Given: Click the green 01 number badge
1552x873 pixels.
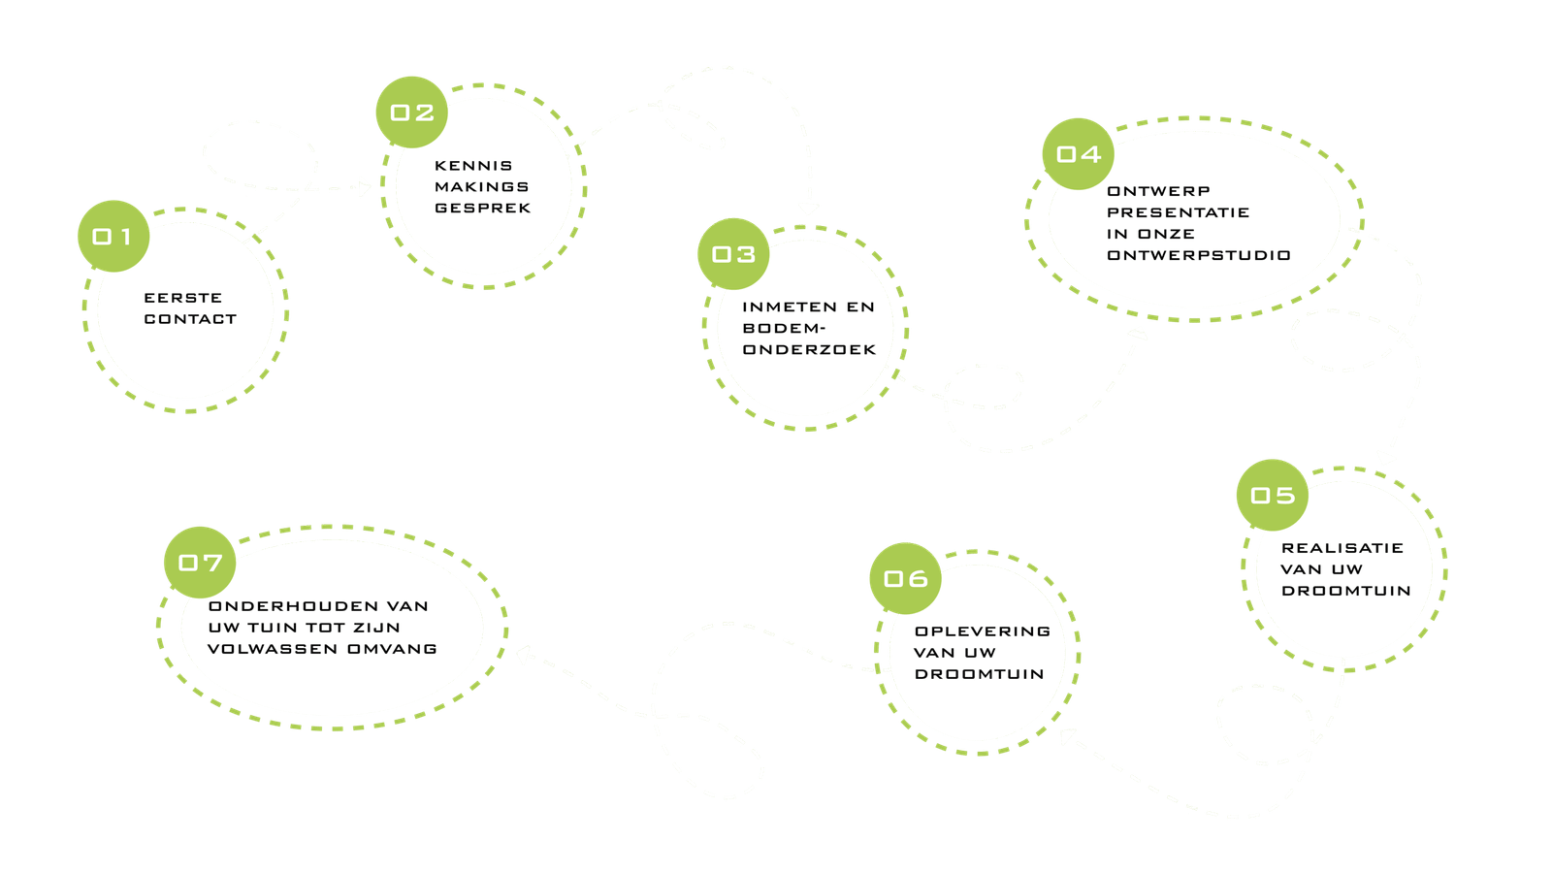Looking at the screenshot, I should [113, 236].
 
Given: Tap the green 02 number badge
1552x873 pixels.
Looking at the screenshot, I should [411, 113].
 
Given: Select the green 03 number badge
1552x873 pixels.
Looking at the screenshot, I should [733, 254].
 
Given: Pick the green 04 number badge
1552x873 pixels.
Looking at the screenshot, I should [1079, 154].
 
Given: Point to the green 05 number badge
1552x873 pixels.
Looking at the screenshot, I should [1273, 496].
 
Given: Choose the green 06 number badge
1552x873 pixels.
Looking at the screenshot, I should [905, 579].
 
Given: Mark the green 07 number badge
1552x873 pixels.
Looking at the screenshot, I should [200, 563].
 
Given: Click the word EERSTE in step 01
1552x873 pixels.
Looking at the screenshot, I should [183, 298].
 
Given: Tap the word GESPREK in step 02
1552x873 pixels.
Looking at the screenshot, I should [483, 208].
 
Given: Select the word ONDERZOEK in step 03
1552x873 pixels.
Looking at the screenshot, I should [809, 349].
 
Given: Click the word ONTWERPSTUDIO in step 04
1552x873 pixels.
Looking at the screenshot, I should [1199, 255].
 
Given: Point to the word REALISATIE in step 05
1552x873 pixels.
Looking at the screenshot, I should [1342, 548].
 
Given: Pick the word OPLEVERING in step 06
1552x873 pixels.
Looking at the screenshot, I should [983, 631].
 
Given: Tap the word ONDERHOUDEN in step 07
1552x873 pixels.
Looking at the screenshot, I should [293, 606].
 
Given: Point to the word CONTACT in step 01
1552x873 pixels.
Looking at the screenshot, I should [190, 319].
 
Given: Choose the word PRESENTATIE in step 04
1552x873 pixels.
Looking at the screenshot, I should [1178, 212].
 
